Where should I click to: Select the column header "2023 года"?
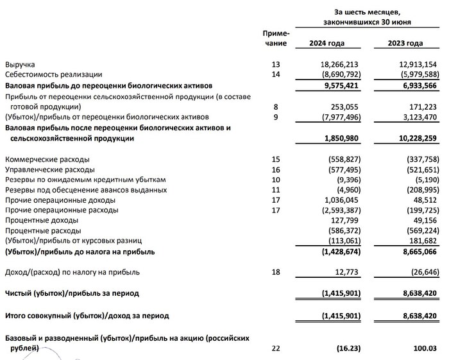pyautogui.click(x=405, y=43)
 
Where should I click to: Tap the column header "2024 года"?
pyautogui.click(x=327, y=43)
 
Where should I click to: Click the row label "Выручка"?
pyautogui.click(x=20, y=65)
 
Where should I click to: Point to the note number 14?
pyautogui.click(x=276, y=75)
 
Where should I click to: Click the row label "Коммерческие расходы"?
pyautogui.click(x=47, y=159)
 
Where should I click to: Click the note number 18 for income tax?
pyautogui.click(x=276, y=273)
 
